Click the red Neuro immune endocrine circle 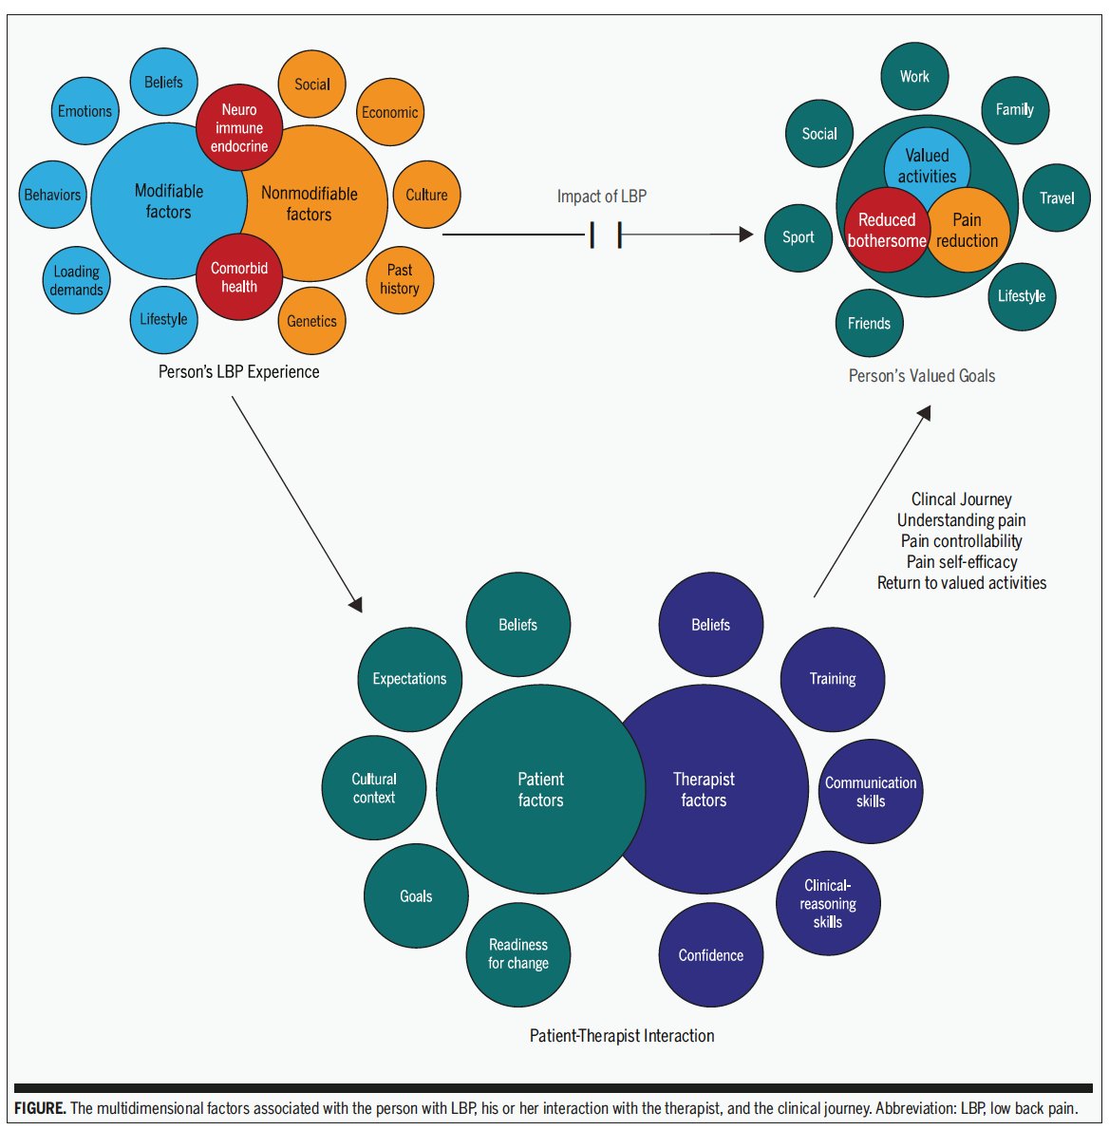tap(239, 128)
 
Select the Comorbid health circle tap(239, 277)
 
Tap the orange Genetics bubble tap(312, 321)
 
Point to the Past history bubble tap(400, 279)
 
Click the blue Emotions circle tap(85, 111)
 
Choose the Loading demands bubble tap(77, 280)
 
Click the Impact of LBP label tap(601, 197)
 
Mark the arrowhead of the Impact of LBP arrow tap(746, 235)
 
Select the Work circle tap(914, 77)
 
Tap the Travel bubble tap(1057, 198)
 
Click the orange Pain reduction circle tap(967, 231)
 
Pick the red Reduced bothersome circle tap(887, 231)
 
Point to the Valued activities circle tap(928, 166)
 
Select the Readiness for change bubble tap(518, 954)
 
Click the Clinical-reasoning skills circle tap(828, 903)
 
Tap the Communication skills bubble tap(871, 791)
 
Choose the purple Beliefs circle tap(710, 625)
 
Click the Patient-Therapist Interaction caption tap(622, 1036)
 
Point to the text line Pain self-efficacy tap(962, 562)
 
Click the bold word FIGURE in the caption tap(40, 1108)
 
